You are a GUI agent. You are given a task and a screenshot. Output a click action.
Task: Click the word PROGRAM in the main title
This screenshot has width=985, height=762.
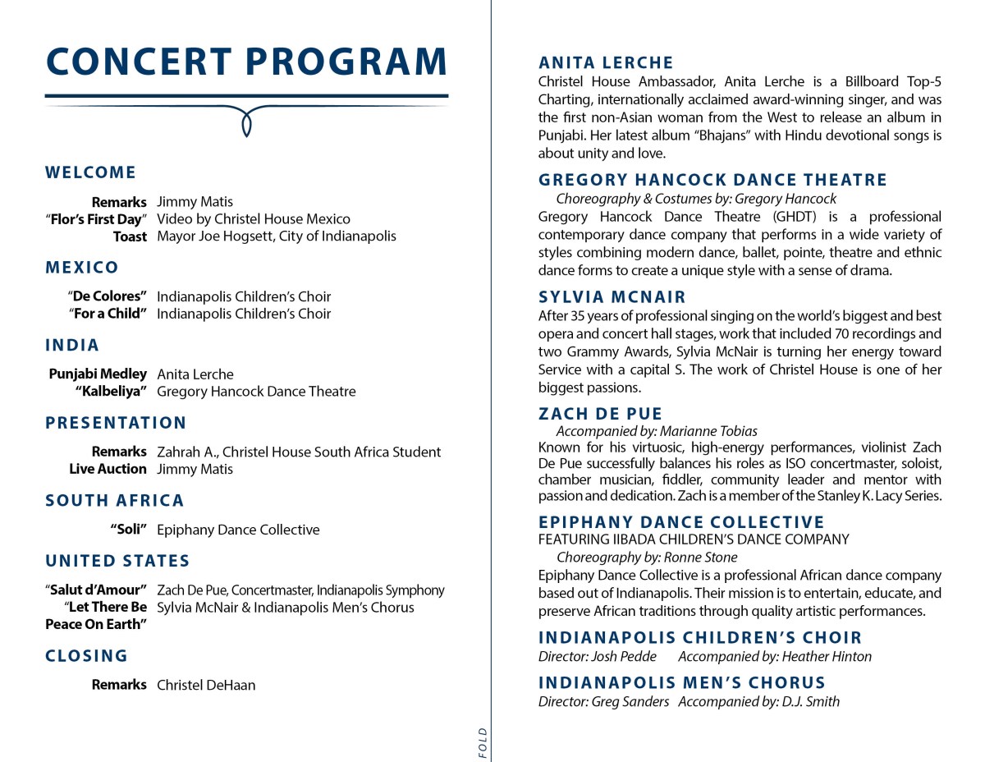pyautogui.click(x=346, y=62)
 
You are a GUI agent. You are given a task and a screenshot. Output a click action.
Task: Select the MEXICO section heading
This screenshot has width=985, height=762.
pyautogui.click(x=82, y=267)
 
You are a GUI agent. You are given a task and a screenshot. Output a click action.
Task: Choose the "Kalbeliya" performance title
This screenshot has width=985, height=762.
pyautogui.click(x=111, y=391)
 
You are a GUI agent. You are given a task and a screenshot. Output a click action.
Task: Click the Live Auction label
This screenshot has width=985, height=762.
pyautogui.click(x=108, y=469)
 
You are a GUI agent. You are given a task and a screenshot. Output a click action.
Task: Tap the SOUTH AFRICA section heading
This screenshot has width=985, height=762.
pyautogui.click(x=115, y=500)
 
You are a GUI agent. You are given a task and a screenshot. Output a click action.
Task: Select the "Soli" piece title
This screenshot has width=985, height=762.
pyautogui.click(x=129, y=530)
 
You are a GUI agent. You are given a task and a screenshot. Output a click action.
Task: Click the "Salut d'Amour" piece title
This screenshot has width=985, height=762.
pyautogui.click(x=96, y=590)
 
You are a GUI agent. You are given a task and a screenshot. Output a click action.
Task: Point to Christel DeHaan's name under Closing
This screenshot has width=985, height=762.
pyautogui.click(x=206, y=685)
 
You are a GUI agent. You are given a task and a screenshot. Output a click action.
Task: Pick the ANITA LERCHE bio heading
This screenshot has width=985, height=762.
pyautogui.click(x=606, y=62)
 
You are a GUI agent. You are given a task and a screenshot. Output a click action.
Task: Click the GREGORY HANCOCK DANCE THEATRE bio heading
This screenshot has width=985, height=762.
pyautogui.click(x=712, y=180)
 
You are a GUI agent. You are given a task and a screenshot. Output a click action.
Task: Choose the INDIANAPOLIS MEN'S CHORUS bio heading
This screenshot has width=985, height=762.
pyautogui.click(x=682, y=682)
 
